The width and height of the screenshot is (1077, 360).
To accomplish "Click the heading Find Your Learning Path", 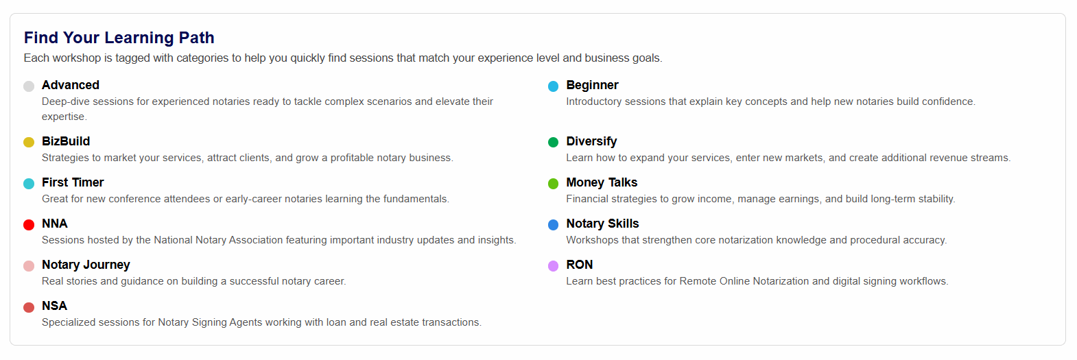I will [119, 38].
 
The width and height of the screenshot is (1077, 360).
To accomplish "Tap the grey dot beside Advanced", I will [29, 86].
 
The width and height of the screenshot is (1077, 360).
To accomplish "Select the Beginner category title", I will [592, 85].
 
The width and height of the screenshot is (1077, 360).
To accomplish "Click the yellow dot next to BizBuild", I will [29, 142].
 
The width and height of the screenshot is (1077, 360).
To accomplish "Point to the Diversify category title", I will [591, 141].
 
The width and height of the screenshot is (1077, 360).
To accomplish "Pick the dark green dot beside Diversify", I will [554, 142].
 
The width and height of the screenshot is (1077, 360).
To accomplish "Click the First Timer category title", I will [73, 182].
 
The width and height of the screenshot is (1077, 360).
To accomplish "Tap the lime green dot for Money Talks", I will [554, 184].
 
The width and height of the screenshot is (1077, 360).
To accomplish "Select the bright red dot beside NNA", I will [29, 225].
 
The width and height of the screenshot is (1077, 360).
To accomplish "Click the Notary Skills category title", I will [602, 224].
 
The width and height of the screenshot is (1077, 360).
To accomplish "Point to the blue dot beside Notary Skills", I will [554, 225].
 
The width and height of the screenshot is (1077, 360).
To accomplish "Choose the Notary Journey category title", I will [86, 265].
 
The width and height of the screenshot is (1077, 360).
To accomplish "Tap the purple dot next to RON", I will [554, 266].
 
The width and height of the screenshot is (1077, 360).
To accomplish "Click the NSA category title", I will [54, 306].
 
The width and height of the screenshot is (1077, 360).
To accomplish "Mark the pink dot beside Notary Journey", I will [29, 266].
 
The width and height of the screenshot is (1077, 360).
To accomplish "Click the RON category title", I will [580, 265].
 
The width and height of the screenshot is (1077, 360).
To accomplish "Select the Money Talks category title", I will [602, 182].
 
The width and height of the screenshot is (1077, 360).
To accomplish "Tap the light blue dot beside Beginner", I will [554, 86].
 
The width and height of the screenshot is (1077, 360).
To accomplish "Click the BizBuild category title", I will [66, 141].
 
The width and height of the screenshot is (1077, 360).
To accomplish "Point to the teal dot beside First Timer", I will [29, 184].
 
